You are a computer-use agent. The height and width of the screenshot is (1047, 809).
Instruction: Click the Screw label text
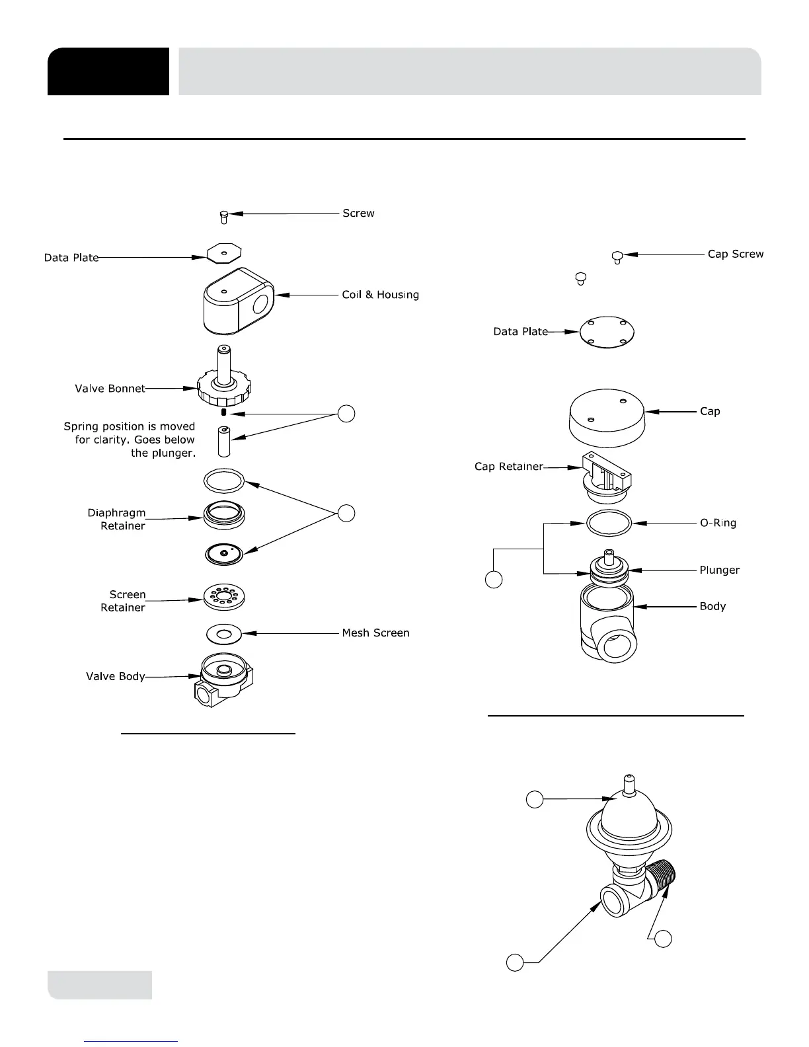pyautogui.click(x=358, y=213)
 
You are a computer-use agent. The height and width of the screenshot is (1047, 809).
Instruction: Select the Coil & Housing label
pyautogui.click(x=380, y=295)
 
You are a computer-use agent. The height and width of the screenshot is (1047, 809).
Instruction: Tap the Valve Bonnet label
pyautogui.click(x=110, y=389)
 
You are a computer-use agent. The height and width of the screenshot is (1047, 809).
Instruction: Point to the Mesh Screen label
pyautogui.click(x=375, y=633)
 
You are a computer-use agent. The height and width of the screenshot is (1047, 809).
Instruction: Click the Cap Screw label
pyautogui.click(x=735, y=254)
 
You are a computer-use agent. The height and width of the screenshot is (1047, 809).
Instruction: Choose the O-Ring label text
pyautogui.click(x=718, y=523)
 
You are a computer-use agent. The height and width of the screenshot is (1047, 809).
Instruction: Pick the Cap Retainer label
pyautogui.click(x=508, y=467)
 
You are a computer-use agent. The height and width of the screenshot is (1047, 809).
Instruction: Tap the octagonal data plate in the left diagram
pyautogui.click(x=224, y=252)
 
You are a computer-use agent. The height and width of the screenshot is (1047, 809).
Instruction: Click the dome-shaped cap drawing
pyautogui.click(x=607, y=419)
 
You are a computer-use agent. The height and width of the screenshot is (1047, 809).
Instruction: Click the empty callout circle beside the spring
pyautogui.click(x=346, y=414)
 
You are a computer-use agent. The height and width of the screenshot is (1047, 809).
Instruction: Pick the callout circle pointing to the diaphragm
pyautogui.click(x=346, y=513)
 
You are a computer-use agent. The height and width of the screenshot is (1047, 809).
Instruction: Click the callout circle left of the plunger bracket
pyautogui.click(x=494, y=580)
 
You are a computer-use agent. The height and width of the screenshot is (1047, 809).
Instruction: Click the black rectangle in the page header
pyautogui.click(x=108, y=71)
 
